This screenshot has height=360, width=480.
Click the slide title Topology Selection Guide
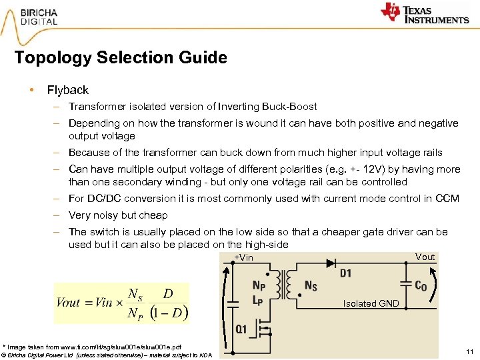[121, 58]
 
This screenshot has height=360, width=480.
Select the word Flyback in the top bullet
[67, 90]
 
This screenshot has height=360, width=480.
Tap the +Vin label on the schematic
[243, 258]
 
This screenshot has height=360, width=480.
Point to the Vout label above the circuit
[425, 257]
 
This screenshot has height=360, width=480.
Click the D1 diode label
[345, 273]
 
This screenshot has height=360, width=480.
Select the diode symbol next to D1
[330, 263]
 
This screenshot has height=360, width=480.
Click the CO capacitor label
[420, 286]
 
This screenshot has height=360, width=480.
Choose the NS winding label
[311, 285]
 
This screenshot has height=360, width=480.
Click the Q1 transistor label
[241, 329]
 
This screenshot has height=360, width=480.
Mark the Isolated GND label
[371, 303]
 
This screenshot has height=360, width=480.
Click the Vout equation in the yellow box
[122, 303]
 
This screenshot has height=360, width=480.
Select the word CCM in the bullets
[447, 199]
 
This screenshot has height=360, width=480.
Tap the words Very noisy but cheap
[118, 215]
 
